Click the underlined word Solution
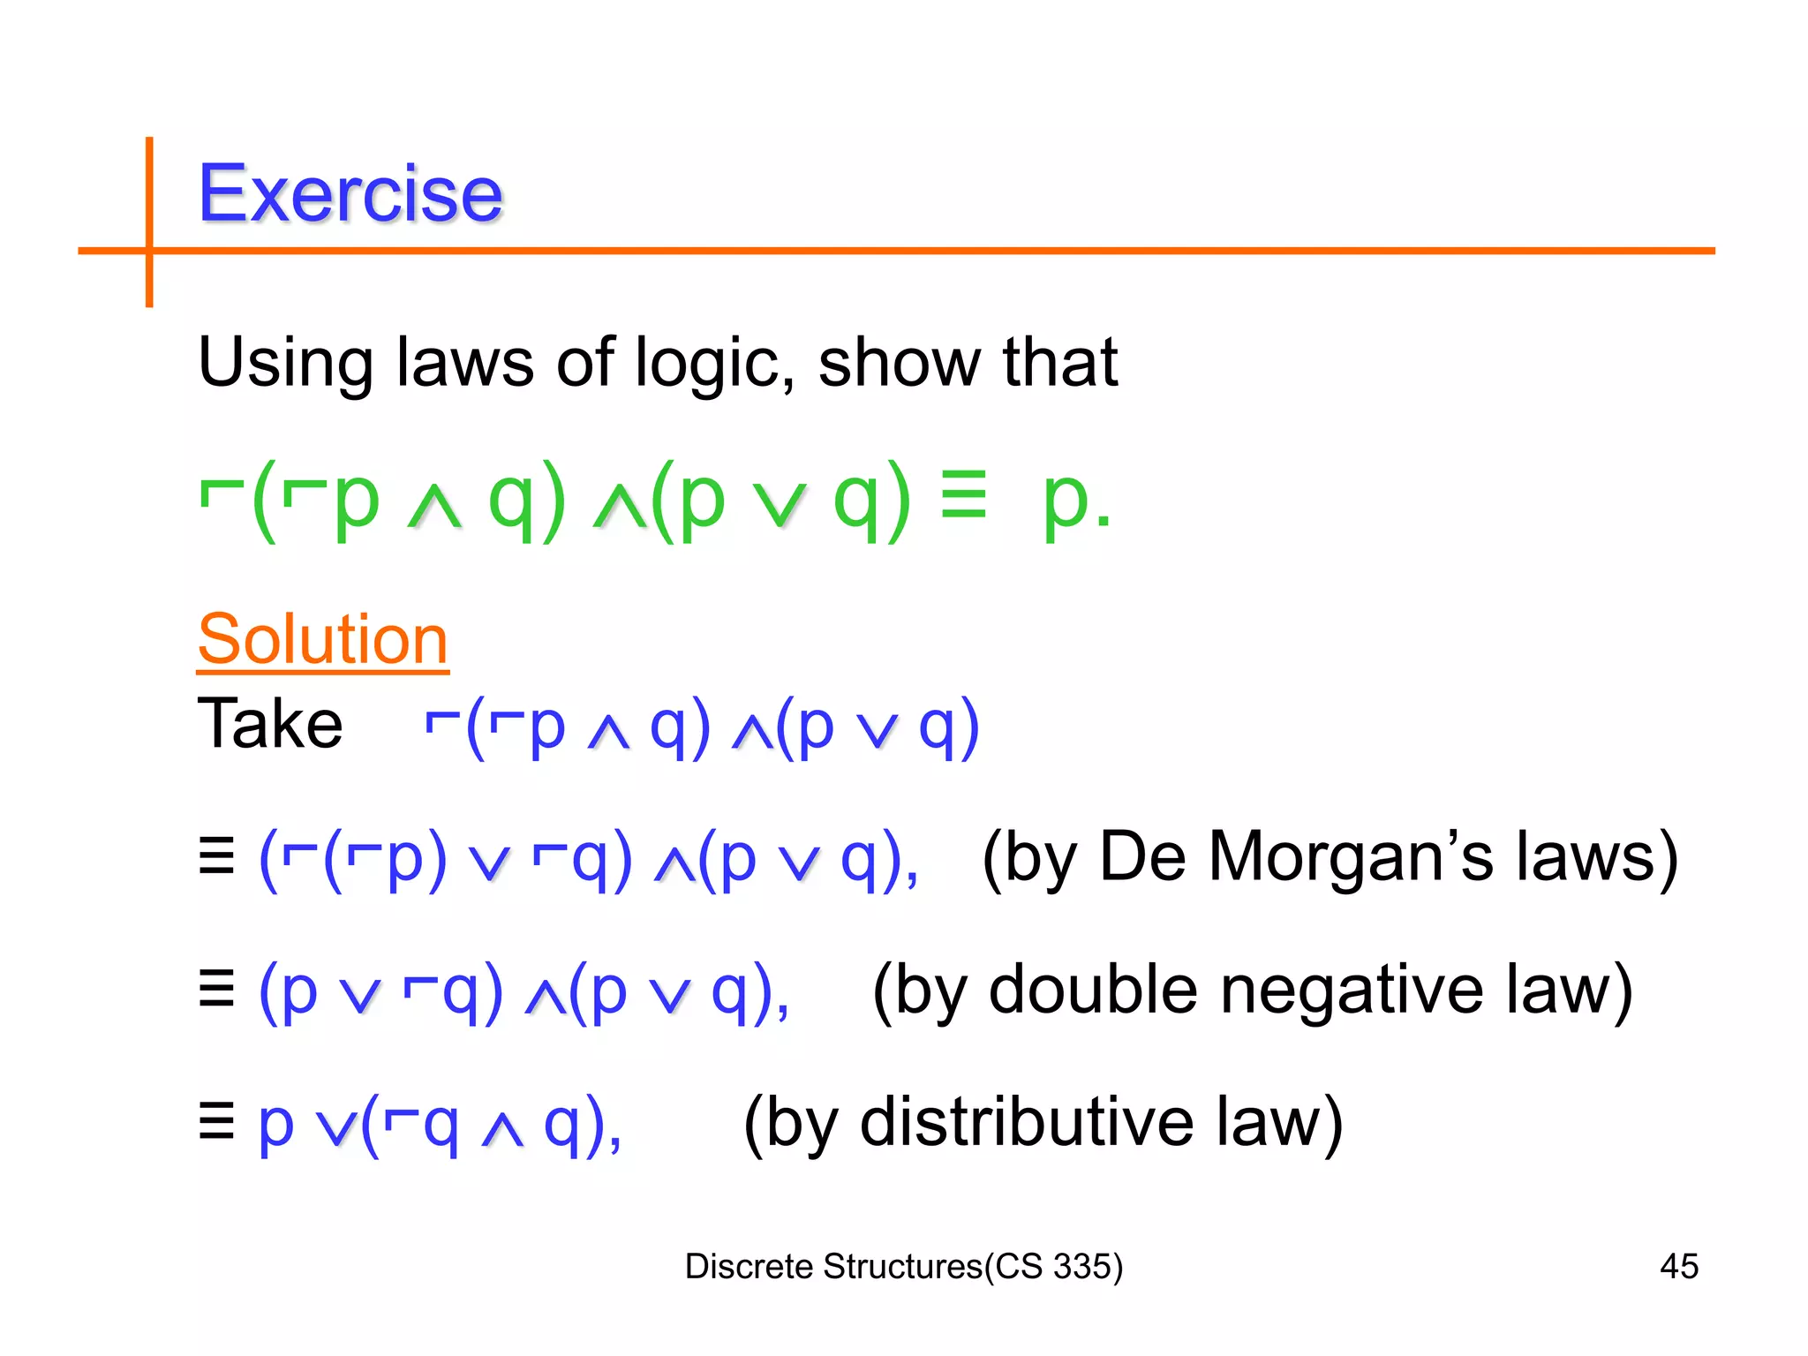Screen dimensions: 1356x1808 pos(323,639)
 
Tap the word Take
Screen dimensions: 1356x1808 pos(270,724)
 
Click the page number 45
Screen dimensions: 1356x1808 pos(1678,1267)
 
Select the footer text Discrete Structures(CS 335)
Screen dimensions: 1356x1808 pos(904,1267)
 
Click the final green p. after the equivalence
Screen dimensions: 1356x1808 pos(1075,501)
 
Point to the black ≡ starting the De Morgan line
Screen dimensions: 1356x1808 pos(217,856)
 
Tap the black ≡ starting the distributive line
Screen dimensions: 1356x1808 pos(217,1121)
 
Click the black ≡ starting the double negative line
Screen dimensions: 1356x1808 pos(217,989)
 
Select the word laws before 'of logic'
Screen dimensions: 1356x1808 pos(465,364)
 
